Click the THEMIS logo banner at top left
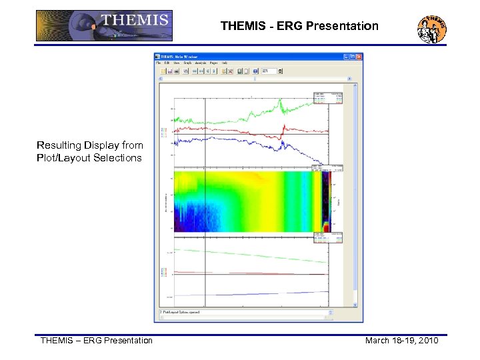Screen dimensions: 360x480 point(103,26)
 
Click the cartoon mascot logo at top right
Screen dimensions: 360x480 point(432,27)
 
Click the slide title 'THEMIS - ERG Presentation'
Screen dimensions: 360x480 point(299,27)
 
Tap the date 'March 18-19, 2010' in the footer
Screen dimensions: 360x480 point(401,341)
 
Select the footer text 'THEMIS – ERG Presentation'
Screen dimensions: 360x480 point(97,341)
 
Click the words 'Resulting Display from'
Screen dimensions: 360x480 point(90,145)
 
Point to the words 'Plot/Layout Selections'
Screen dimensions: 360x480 point(89,158)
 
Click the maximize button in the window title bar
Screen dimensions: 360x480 point(352,57)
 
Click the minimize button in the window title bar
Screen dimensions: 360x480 point(346,57)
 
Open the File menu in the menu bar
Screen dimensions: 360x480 point(159,63)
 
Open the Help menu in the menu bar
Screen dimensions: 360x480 point(225,63)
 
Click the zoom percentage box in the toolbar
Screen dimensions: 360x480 point(268,71)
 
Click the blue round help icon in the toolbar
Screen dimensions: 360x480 point(255,71)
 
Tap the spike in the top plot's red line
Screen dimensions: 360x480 point(284,126)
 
